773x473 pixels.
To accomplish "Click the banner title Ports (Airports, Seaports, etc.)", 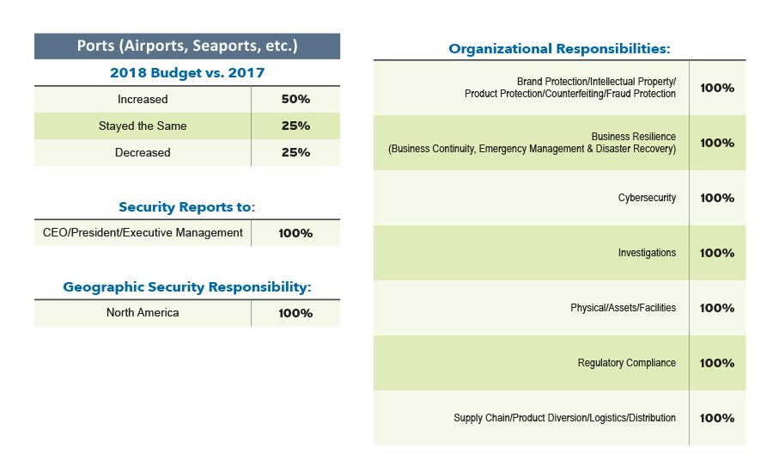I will (187, 46).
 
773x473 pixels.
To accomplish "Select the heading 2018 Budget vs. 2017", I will (187, 73).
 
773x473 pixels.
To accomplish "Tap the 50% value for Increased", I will (295, 99).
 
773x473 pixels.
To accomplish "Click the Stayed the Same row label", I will (143, 126).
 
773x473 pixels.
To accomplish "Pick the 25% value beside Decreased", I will (295, 152).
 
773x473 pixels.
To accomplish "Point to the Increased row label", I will (143, 99).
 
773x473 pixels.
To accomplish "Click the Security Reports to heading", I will (187, 207).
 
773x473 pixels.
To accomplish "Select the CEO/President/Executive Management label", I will (143, 232).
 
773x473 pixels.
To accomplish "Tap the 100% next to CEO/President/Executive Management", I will (295, 233).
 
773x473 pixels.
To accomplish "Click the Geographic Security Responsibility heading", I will (187, 287).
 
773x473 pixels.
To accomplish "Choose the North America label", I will (143, 312).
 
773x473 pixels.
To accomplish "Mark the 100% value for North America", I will (295, 313).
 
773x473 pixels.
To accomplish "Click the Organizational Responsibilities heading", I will (559, 49).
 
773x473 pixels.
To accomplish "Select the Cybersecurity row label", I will (647, 198).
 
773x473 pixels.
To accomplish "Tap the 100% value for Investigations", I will (717, 253).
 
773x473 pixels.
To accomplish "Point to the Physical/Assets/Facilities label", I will (623, 308).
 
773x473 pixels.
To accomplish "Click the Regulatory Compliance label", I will (627, 363).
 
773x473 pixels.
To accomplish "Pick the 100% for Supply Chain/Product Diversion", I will (717, 418).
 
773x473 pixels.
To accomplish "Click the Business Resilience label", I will (633, 137).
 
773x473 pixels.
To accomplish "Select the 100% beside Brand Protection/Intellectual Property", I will (717, 88).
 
